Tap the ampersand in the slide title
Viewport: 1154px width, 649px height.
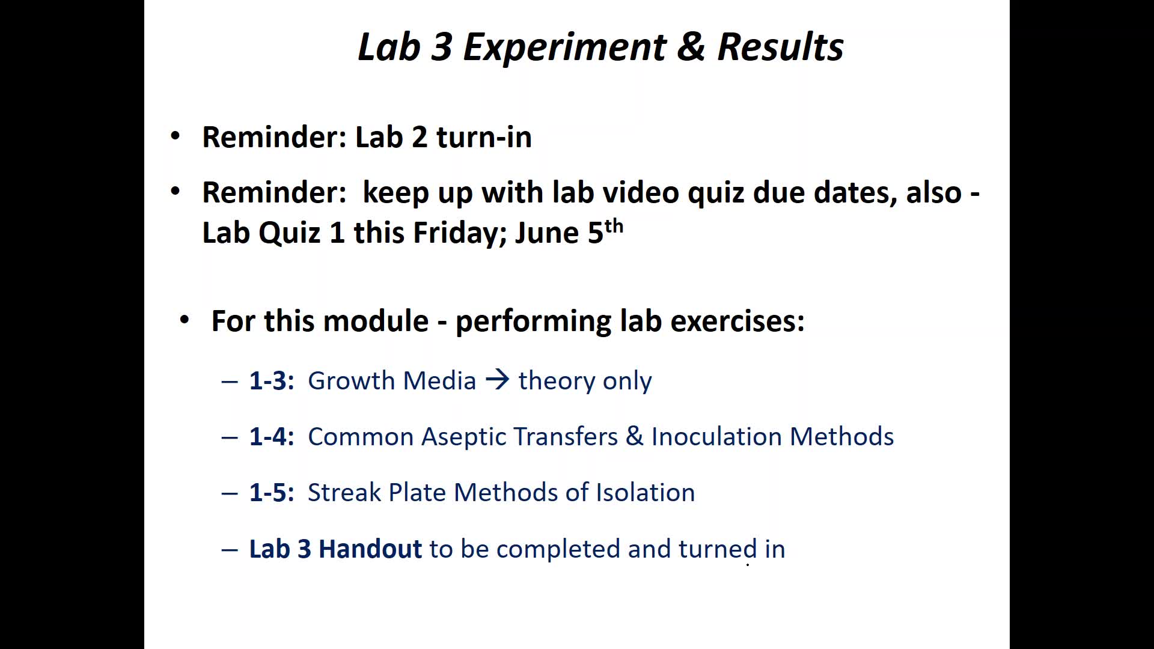point(691,47)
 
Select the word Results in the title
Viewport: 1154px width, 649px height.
point(781,47)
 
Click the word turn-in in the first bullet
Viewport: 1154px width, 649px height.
point(484,137)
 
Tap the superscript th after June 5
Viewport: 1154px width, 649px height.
point(614,227)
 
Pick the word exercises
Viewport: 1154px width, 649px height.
point(737,321)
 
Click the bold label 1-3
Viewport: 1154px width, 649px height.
point(272,381)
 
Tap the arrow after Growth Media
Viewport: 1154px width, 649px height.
point(498,380)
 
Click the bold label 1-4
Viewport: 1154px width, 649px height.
point(272,437)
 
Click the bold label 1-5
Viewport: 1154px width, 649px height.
point(272,493)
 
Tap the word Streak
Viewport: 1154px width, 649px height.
point(344,493)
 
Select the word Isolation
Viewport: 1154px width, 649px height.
point(646,493)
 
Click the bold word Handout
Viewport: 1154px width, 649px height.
point(370,549)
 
